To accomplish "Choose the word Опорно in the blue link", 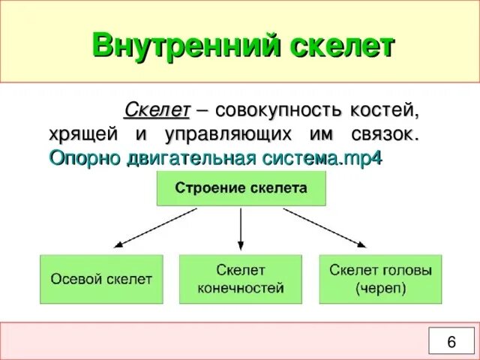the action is pyautogui.click(x=78, y=158).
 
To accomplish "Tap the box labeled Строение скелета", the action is pyautogui.click(x=241, y=188).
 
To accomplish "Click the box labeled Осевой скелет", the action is pyautogui.click(x=101, y=279).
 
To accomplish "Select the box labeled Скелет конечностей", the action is pyautogui.click(x=241, y=279).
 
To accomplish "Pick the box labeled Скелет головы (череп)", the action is pyautogui.click(x=380, y=279).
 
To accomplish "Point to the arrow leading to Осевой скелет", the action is pyautogui.click(x=154, y=228).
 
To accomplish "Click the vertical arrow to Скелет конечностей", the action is pyautogui.click(x=240, y=229).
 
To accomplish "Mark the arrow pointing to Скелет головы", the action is pyautogui.click(x=325, y=228).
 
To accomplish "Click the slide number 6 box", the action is pyautogui.click(x=451, y=341).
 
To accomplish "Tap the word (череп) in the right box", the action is pyautogui.click(x=380, y=289).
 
